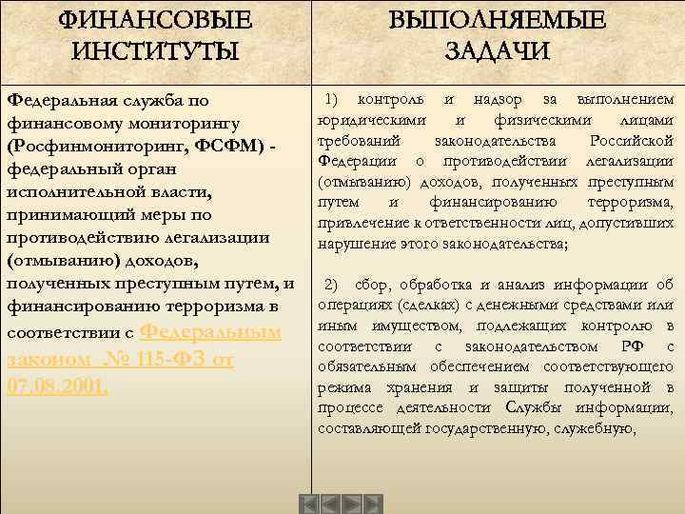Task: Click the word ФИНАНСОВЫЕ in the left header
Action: click(x=156, y=19)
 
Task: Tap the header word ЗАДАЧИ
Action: click(x=497, y=50)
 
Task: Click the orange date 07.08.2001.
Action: click(x=57, y=386)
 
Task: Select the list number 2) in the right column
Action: click(x=334, y=285)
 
